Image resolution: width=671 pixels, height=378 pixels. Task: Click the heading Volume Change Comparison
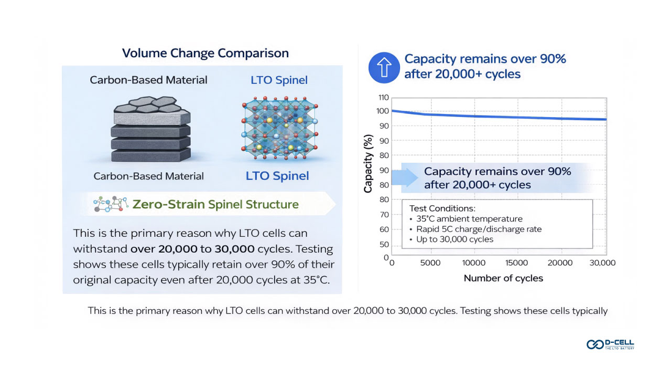pos(205,53)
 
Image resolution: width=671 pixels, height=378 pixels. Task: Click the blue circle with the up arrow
pos(384,67)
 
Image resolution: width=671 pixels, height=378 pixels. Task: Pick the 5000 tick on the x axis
pos(430,262)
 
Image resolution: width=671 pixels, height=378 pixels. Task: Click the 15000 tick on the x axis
pos(516,262)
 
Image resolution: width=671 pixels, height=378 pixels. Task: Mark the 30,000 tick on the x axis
pos(602,262)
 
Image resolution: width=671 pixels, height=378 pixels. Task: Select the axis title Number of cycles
pos(503,278)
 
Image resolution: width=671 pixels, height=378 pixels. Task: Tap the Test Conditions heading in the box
pos(442,208)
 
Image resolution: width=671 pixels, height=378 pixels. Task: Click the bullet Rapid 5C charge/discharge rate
pos(479,229)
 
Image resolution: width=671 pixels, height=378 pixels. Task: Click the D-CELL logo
pos(610,344)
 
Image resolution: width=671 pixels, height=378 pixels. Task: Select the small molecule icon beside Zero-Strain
pos(111,204)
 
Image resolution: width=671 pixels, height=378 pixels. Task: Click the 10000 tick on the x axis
pos(473,262)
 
